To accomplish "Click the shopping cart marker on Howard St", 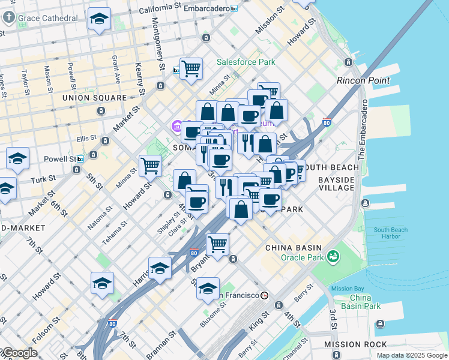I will (x=150, y=164).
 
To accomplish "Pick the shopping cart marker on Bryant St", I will (x=217, y=243).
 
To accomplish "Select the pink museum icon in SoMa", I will (x=176, y=127).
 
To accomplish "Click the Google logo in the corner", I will (x=19, y=353).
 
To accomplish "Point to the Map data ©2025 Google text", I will (x=411, y=355).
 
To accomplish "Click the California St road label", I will (x=160, y=10).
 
